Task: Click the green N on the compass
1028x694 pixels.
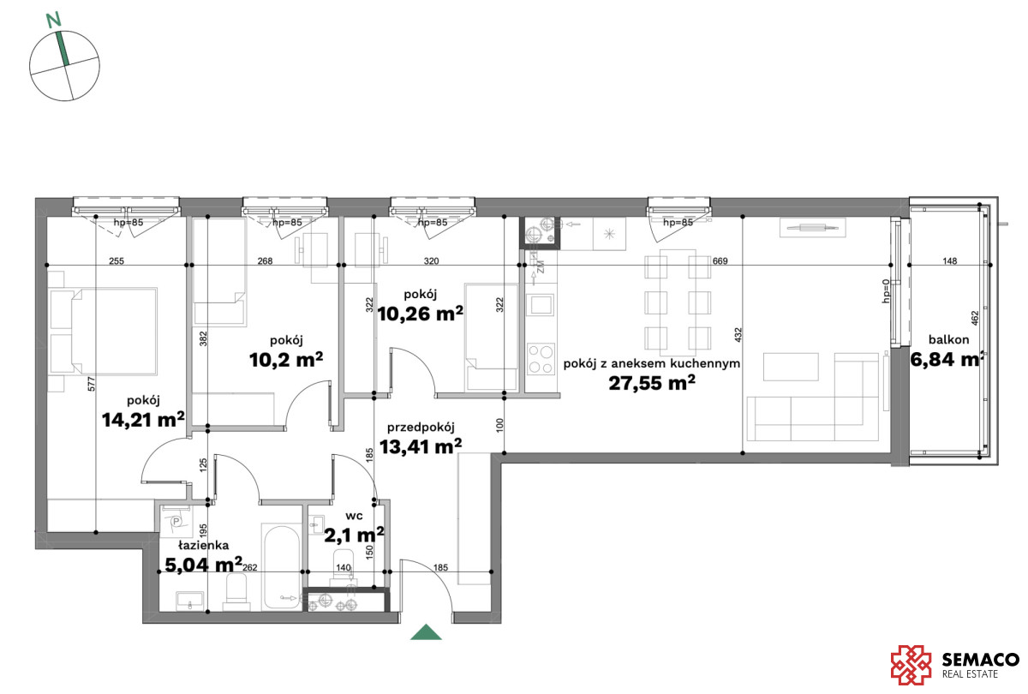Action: [54, 20]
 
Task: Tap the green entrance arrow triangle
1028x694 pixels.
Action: [426, 632]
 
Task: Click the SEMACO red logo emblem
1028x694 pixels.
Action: [911, 665]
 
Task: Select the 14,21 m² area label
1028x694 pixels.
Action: [143, 420]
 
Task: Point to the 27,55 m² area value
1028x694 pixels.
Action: [652, 383]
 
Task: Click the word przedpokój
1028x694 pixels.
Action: [421, 428]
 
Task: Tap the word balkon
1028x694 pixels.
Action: [949, 339]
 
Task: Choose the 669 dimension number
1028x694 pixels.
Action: [720, 260]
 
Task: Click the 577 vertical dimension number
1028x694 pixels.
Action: [91, 384]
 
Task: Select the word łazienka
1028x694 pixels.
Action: [203, 545]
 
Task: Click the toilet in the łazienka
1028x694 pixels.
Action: [236, 592]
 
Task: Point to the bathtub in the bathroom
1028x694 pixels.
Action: [282, 567]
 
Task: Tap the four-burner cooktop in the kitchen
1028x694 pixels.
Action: [541, 359]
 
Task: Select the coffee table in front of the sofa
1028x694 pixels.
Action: [791, 367]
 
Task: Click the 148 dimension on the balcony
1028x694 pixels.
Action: [949, 260]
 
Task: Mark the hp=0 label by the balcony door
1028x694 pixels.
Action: [886, 291]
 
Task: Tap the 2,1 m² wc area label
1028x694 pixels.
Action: [354, 535]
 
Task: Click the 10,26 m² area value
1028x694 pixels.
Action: [420, 314]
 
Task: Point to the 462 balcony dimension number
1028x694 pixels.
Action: [975, 319]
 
